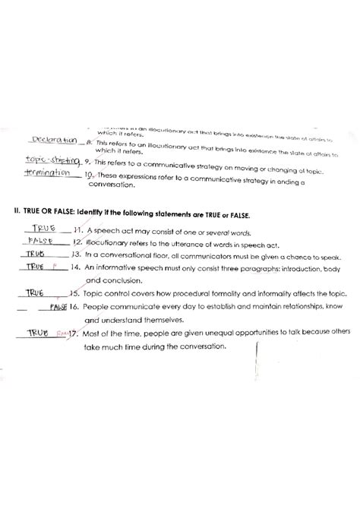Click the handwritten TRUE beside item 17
click(39, 333)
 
